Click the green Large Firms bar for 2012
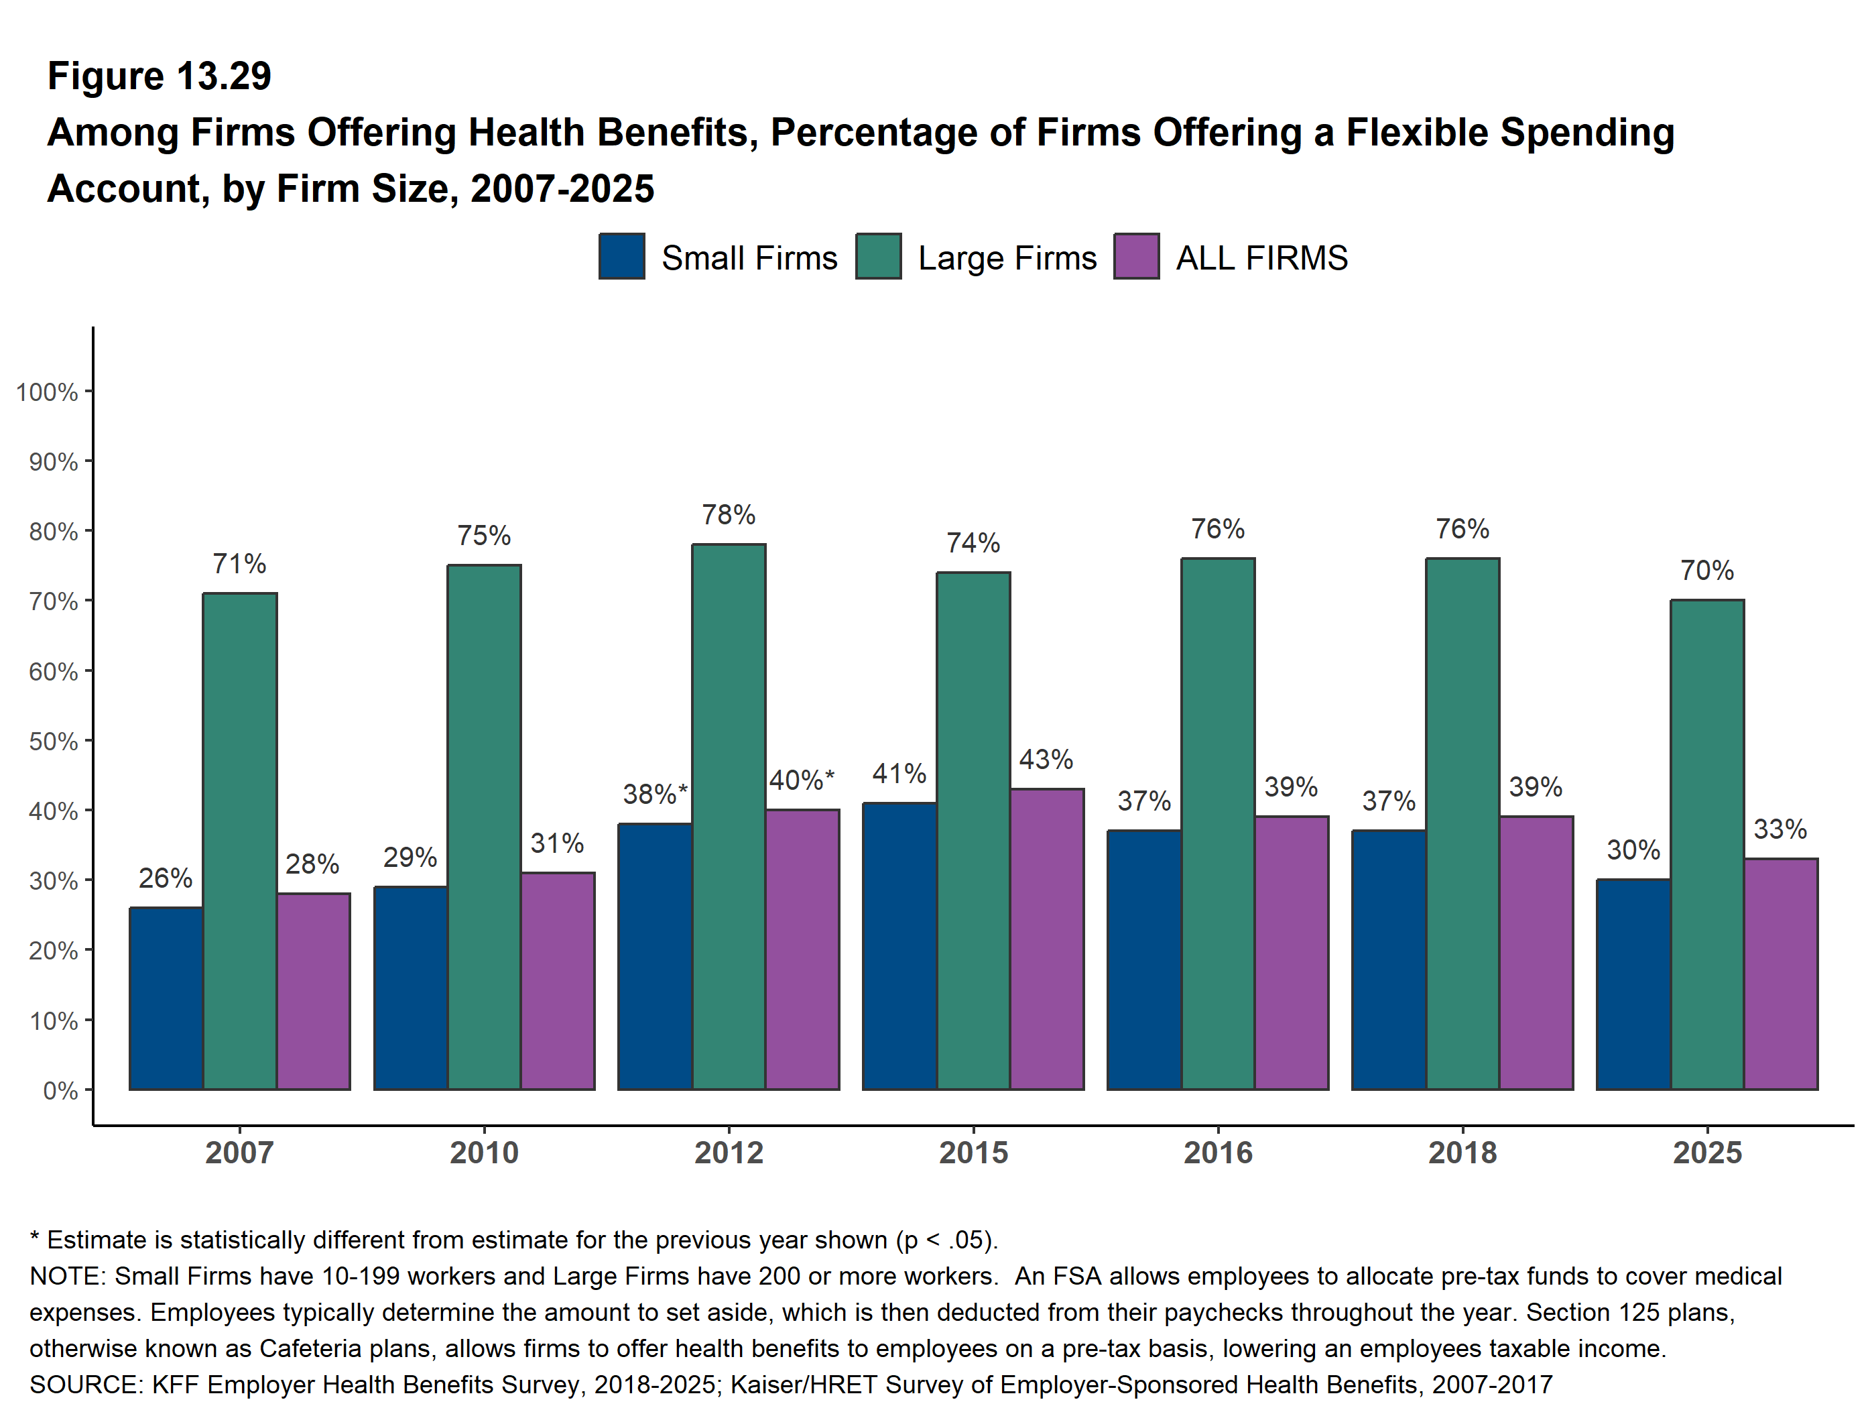tap(729, 816)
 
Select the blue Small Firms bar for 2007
tap(166, 998)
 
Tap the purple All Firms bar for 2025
tap(1780, 974)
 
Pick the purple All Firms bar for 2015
tap(1046, 939)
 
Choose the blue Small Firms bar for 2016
tap(1144, 960)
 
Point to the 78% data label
tap(729, 514)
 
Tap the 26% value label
tap(166, 878)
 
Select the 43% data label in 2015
tap(1046, 758)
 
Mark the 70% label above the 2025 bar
tap(1707, 570)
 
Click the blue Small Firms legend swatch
tap(621, 256)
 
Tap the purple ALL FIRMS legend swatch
tap(1136, 256)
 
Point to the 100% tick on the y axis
tap(48, 392)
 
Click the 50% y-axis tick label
tap(53, 741)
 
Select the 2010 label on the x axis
tap(483, 1152)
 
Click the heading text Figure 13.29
tap(159, 76)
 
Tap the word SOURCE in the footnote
tap(84, 1385)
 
